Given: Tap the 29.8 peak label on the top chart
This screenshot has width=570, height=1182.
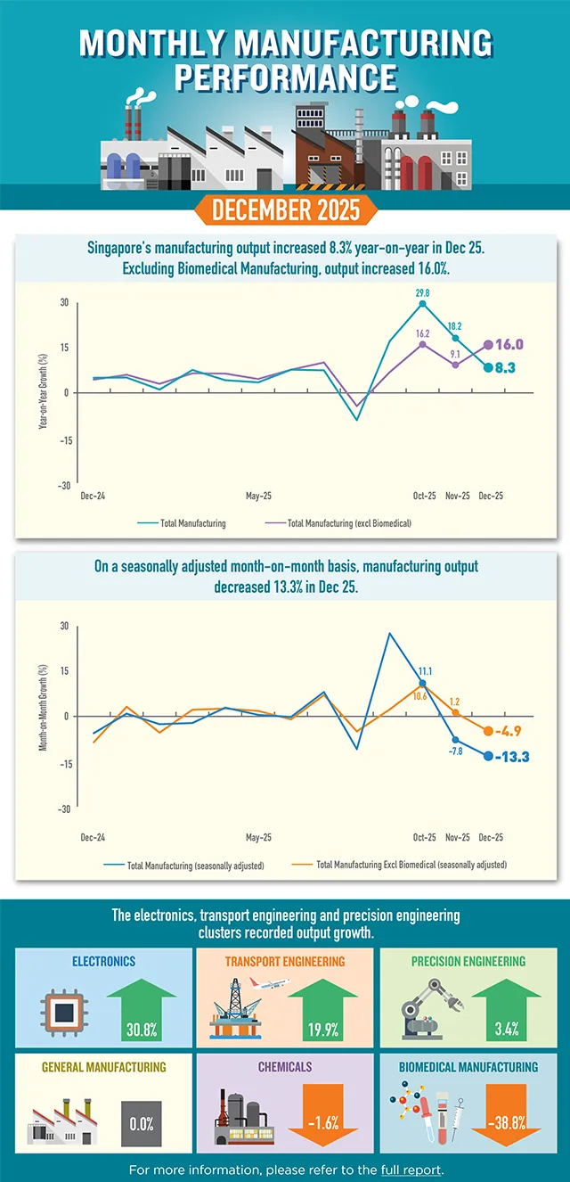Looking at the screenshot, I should point(422,292).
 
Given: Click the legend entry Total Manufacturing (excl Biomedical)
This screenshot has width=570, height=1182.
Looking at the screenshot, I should point(349,523).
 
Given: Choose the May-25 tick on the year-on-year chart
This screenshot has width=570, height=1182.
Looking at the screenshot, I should point(258,496).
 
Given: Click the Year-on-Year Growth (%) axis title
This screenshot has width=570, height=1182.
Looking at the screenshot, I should point(42,393).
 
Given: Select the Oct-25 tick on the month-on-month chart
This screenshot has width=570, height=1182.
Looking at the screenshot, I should point(424,838).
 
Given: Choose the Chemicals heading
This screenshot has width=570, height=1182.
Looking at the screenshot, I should point(285,1066).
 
